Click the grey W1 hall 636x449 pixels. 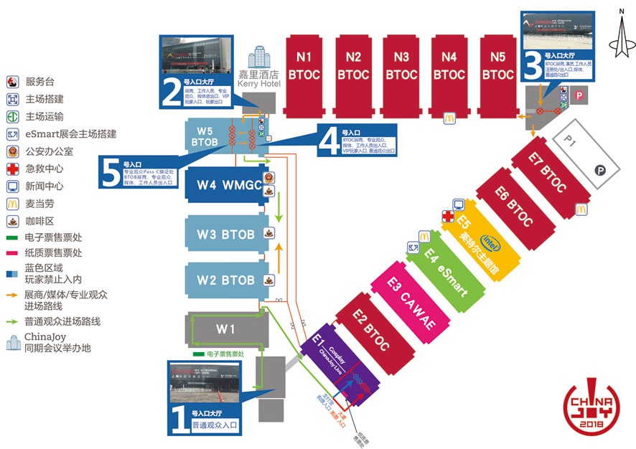(225, 330)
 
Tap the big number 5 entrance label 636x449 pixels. (111, 174)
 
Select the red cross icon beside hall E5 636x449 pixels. (447, 216)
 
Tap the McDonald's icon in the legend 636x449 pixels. (12, 202)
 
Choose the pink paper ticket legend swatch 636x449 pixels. (12, 252)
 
